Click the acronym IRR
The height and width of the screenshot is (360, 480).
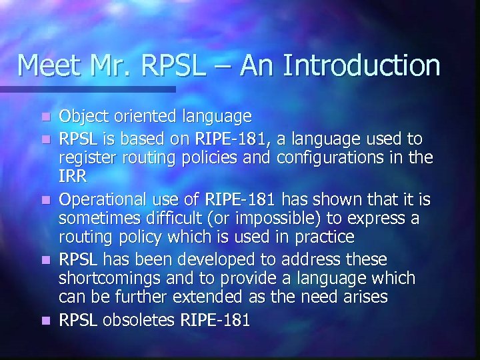click(71, 177)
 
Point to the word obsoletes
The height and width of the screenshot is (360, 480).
click(138, 320)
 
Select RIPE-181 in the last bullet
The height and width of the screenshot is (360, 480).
click(215, 320)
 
